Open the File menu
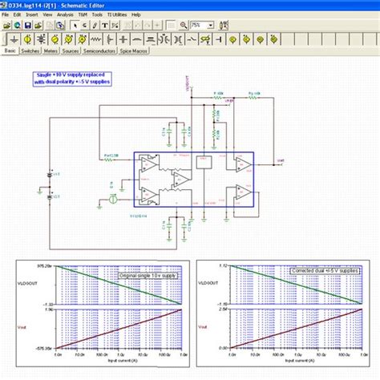tap(6, 14)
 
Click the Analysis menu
tap(65, 14)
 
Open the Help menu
tap(136, 14)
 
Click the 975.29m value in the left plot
tap(44, 265)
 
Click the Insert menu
tap(31, 14)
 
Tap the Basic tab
tap(10, 51)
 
